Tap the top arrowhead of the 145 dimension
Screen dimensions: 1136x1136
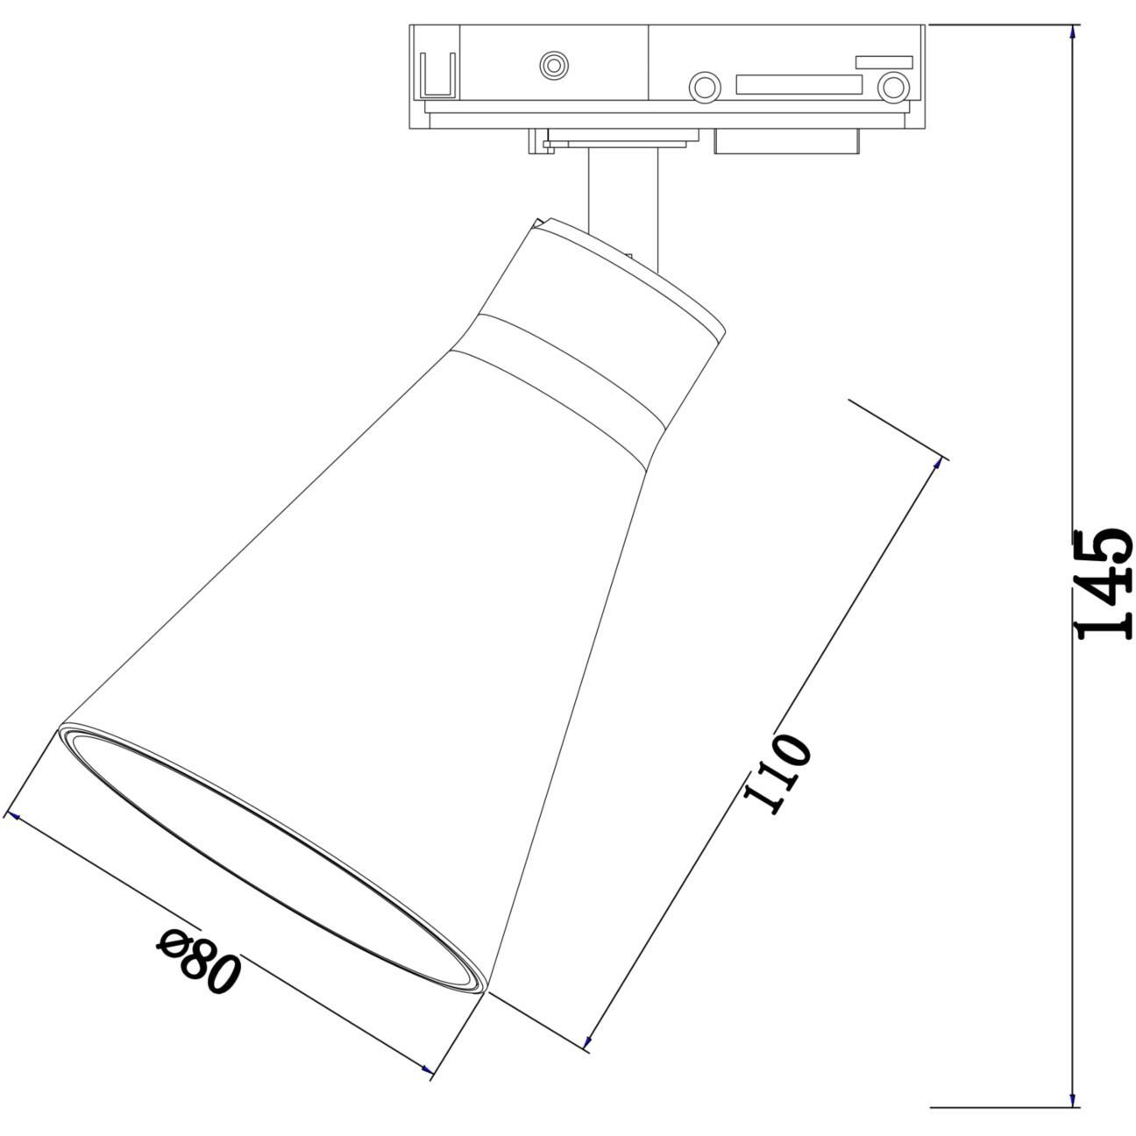coord(1072,32)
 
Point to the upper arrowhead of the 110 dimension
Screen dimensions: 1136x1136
coord(936,465)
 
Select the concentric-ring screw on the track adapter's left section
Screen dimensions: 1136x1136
coord(554,64)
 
